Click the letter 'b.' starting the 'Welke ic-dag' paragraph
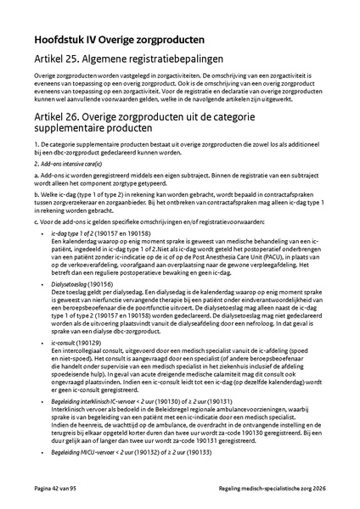37,192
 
